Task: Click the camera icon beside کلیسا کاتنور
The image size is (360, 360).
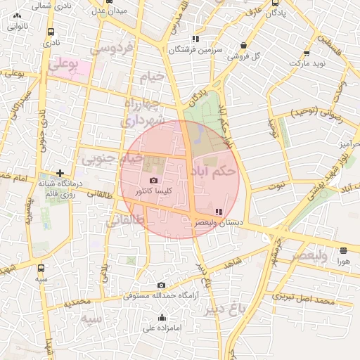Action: [154, 181]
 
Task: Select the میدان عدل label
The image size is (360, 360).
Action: [109, 12]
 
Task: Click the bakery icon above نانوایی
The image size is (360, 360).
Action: [17, 15]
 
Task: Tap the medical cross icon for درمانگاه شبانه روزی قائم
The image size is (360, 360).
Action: [60, 172]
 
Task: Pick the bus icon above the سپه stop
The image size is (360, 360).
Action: [41, 268]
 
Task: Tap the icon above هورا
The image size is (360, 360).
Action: [343, 250]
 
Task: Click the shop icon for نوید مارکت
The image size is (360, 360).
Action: [305, 52]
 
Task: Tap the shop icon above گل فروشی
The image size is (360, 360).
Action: [243, 44]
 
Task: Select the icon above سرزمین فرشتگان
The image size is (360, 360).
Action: [195, 39]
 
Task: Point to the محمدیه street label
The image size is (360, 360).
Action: [78, 302]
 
